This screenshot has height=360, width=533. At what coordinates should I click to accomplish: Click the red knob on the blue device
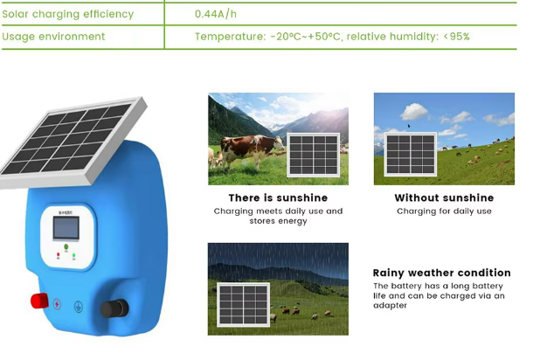click(x=39, y=301)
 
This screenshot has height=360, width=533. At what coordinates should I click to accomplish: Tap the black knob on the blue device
click(x=114, y=308)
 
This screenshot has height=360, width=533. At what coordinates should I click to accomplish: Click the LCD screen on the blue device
click(x=66, y=228)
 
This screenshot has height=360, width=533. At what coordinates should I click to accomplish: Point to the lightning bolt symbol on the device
click(x=57, y=304)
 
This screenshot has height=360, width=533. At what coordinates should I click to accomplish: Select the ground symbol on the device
click(x=79, y=307)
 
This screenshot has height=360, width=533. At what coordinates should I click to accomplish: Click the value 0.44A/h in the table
click(x=216, y=14)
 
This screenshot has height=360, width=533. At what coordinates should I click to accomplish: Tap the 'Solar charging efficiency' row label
click(x=67, y=14)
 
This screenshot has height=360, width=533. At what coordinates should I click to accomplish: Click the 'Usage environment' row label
click(x=53, y=37)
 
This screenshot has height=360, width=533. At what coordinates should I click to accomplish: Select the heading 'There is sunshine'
click(x=278, y=197)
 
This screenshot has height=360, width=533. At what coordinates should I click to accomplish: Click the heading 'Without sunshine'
click(x=444, y=197)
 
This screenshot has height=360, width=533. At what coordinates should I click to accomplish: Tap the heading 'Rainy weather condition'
click(x=441, y=273)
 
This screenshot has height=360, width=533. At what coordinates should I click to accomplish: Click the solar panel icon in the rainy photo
click(x=244, y=305)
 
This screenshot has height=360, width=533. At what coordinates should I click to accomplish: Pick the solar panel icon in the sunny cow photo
click(x=314, y=155)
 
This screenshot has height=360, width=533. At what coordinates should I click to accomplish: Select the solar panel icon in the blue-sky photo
click(x=411, y=154)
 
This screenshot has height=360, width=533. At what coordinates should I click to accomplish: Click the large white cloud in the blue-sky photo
click(x=414, y=112)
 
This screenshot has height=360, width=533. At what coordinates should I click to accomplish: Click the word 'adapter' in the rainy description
click(x=390, y=305)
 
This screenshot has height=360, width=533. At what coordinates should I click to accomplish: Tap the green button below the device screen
click(x=66, y=246)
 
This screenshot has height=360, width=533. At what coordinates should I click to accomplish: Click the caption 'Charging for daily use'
click(x=444, y=211)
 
